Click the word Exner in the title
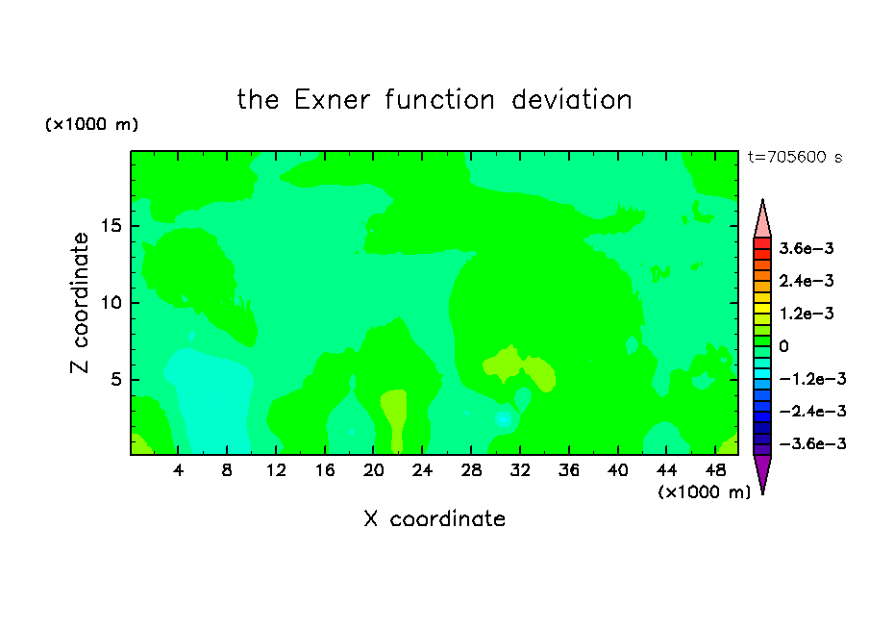coord(332,100)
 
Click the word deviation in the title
coord(572,100)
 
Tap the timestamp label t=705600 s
coord(795,157)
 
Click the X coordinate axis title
coord(434,518)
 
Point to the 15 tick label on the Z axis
coord(111,226)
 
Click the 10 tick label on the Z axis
coord(111,303)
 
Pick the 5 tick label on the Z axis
coord(115,379)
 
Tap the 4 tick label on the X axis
coord(178,470)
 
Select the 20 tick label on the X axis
coord(374,470)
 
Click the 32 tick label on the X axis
coord(520,470)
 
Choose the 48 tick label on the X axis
coord(715,470)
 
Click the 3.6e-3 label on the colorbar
coord(807,248)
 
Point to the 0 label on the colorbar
coord(783,346)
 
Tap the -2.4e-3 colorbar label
coord(812,411)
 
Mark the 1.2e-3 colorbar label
coord(807,314)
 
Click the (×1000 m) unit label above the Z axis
coord(92,124)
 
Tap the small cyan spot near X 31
coord(503,418)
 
